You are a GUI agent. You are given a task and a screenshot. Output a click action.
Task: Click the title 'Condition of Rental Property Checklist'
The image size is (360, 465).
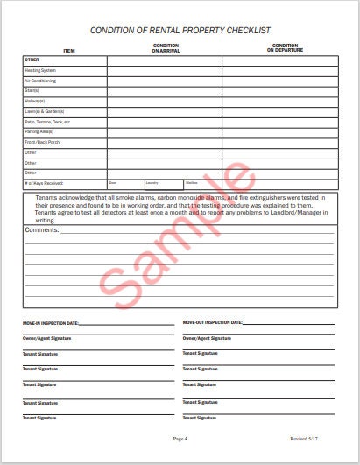(180, 32)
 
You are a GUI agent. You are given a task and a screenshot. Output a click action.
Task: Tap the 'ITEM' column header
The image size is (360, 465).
(69, 51)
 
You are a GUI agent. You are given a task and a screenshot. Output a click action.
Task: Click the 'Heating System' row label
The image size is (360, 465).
(40, 70)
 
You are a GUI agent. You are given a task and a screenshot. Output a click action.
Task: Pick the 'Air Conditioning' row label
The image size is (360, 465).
(41, 81)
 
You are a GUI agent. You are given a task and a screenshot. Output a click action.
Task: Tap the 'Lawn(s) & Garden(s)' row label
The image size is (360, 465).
(45, 111)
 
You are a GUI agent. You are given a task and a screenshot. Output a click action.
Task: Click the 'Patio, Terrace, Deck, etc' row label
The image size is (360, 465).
(47, 122)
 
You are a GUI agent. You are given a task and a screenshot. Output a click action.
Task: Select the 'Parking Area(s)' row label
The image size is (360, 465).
(41, 131)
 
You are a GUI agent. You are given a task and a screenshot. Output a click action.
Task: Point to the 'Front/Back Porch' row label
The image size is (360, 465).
(42, 142)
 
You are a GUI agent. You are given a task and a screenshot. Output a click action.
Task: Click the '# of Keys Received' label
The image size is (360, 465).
(45, 183)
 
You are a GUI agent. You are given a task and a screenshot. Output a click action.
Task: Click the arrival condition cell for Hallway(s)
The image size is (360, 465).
(165, 101)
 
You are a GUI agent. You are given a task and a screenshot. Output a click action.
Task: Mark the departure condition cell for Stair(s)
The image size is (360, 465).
(279, 90)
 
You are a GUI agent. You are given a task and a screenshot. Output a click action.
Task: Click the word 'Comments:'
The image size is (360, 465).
(42, 229)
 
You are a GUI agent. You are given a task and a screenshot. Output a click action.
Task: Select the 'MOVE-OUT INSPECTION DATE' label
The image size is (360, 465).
(215, 323)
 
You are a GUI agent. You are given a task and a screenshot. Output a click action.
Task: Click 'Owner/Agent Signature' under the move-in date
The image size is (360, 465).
(47, 338)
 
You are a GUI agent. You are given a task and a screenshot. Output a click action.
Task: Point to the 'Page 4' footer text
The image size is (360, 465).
(180, 438)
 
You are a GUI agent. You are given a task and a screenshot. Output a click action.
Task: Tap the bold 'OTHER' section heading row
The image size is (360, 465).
(32, 60)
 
